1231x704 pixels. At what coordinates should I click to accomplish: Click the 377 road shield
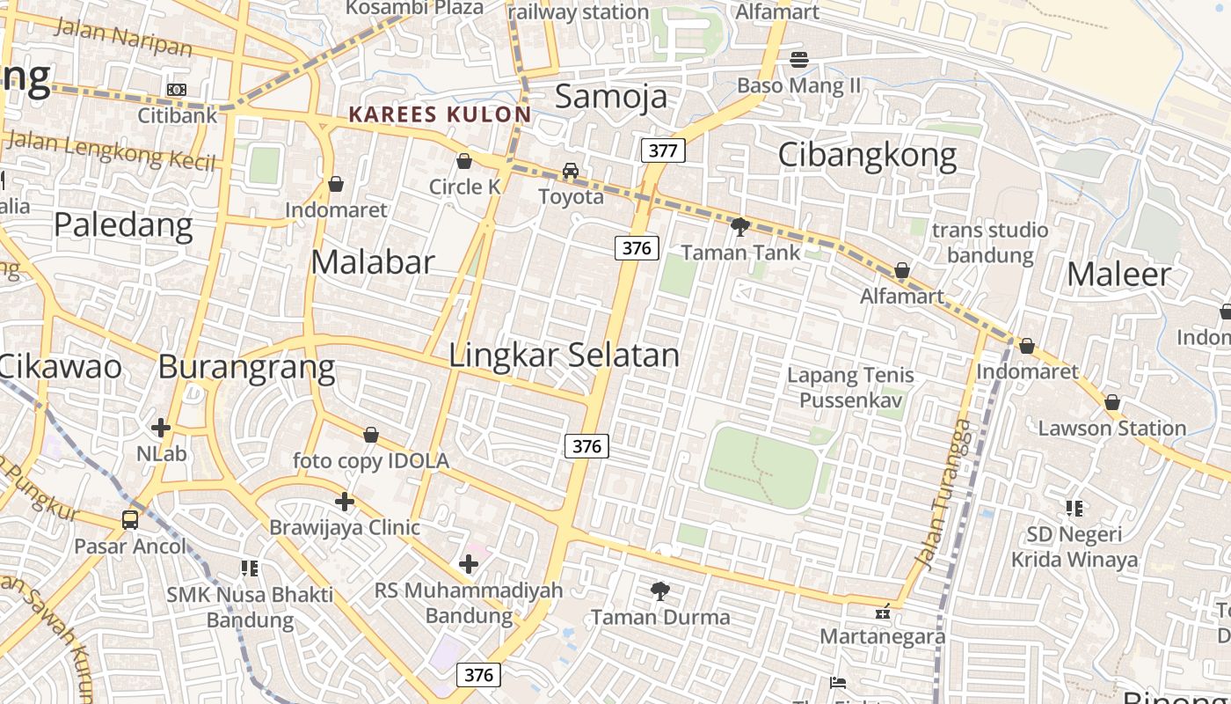click(662, 150)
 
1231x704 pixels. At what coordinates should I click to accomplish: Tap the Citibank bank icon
click(177, 90)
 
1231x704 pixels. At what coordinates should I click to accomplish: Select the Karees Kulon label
click(440, 114)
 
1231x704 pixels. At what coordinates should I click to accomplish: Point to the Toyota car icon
click(571, 171)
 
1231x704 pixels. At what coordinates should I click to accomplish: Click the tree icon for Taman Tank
click(740, 227)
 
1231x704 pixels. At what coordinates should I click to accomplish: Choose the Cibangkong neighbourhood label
click(867, 155)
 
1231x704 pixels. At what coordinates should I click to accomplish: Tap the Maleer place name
click(1118, 275)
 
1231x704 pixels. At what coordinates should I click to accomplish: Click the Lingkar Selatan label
click(564, 355)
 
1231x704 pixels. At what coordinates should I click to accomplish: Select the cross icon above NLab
click(161, 428)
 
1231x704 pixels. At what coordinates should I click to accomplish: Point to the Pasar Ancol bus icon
click(130, 519)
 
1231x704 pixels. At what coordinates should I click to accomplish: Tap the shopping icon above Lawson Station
click(1112, 403)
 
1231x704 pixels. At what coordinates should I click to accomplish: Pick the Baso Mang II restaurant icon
click(799, 60)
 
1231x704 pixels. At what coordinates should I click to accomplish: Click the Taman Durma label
click(659, 617)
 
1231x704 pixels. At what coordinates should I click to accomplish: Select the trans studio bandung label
click(990, 242)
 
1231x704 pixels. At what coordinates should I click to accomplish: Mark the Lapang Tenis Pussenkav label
click(850, 387)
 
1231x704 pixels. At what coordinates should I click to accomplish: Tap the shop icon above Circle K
click(464, 161)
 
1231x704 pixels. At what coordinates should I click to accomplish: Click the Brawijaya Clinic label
click(345, 527)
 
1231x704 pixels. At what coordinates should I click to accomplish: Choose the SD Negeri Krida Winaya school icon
click(1074, 508)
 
